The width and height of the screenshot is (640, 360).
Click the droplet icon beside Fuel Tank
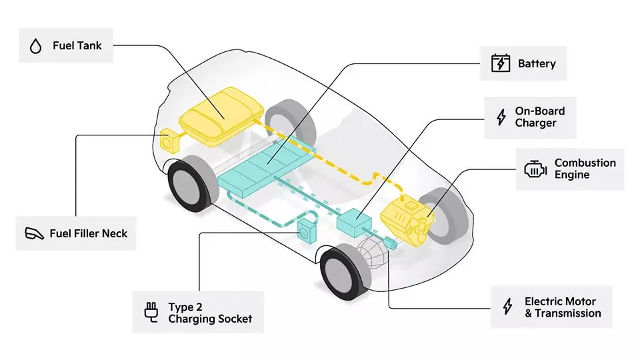pos(35,46)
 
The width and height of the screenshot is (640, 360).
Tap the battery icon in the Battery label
pos(500,63)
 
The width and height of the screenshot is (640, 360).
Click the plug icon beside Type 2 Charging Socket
pos(151,312)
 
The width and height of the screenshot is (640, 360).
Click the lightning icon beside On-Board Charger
pos(501,117)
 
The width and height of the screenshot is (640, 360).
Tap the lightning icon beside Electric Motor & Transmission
pos(507,307)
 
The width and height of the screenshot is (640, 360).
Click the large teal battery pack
pos(267,167)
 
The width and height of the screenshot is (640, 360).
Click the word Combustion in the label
pos(585,163)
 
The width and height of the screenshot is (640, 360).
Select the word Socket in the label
pos(233,319)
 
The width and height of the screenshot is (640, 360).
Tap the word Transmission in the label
pos(567,313)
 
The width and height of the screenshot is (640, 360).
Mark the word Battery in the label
pos(536,64)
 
